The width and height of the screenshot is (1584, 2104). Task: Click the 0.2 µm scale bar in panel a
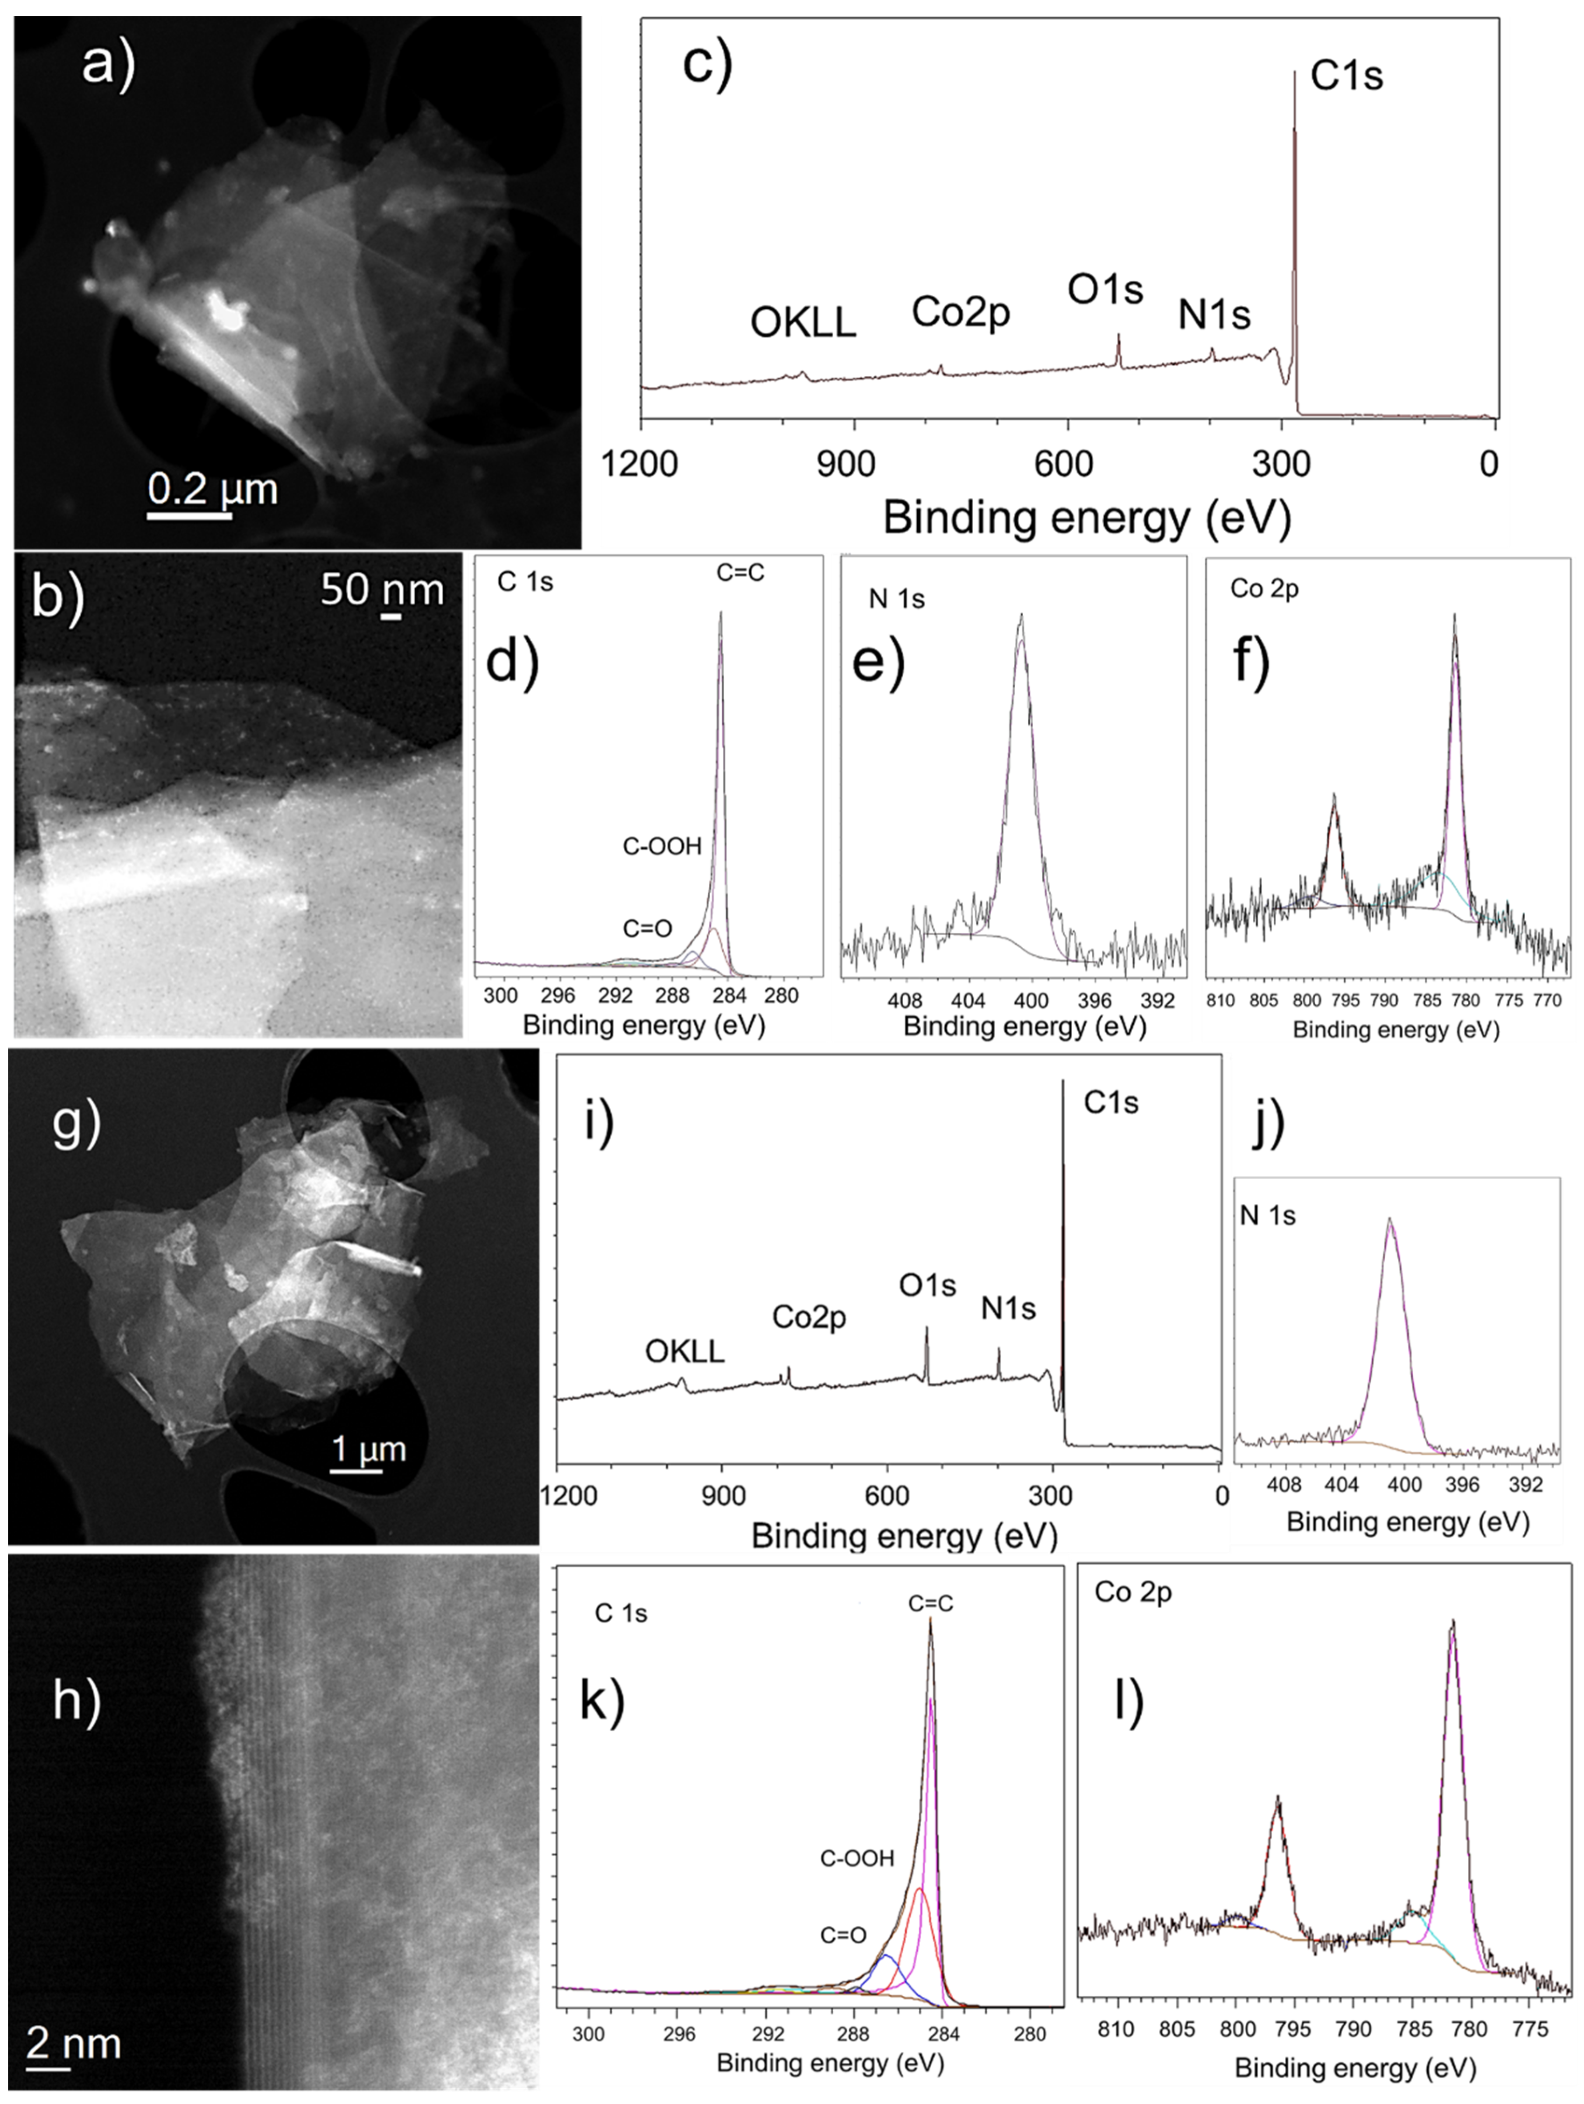click(x=189, y=514)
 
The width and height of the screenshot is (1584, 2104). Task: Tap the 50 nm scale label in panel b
click(x=382, y=590)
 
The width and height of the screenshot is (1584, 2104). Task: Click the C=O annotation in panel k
click(x=843, y=1935)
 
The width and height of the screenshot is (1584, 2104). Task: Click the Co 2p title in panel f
click(x=1263, y=589)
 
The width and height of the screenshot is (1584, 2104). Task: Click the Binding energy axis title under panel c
click(x=1087, y=518)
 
